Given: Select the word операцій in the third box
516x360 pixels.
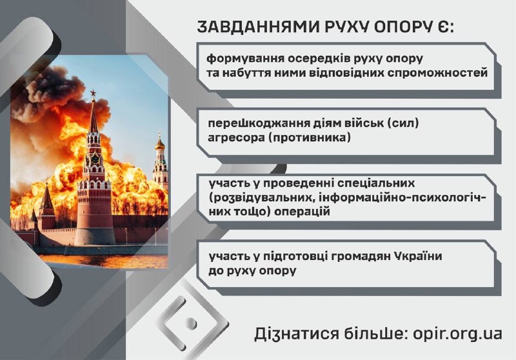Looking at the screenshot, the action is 302,212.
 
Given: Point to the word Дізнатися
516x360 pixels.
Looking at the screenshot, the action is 296,334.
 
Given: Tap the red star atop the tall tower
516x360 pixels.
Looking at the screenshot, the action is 93,93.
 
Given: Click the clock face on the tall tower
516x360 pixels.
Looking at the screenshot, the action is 95,159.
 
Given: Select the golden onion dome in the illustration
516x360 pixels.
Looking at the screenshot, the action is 160,143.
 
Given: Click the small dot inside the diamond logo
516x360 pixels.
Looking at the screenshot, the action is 190,323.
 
